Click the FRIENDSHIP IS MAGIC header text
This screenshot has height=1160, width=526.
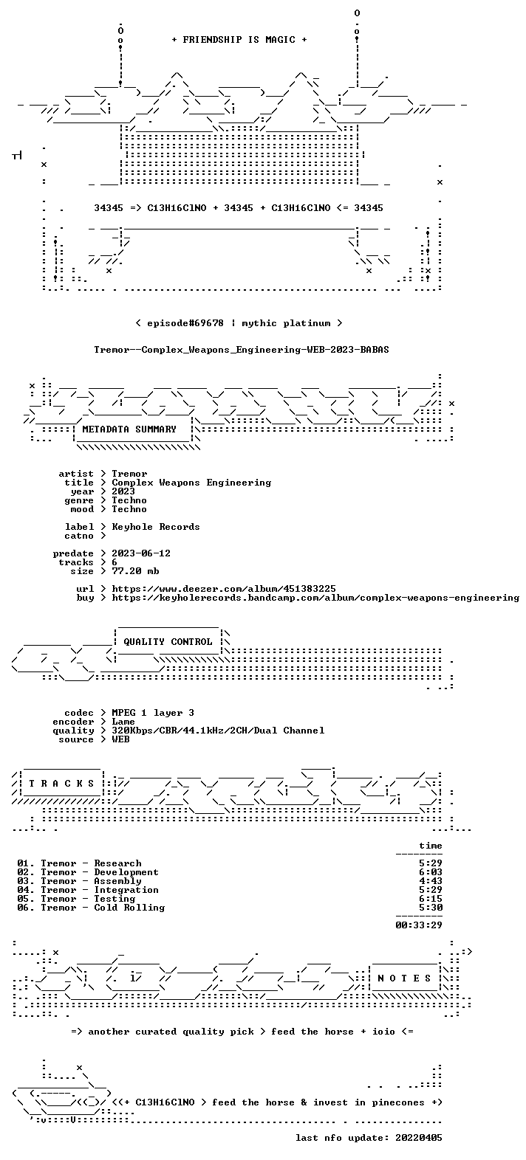point(239,40)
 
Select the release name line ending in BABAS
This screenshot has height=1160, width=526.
point(242,350)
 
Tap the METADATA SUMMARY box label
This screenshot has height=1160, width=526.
point(129,429)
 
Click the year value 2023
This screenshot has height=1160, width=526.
point(123,491)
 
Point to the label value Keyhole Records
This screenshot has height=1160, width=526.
point(156,527)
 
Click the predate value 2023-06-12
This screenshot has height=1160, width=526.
point(141,553)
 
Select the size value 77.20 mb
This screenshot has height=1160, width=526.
point(135,571)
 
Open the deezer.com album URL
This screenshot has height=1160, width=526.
point(224,589)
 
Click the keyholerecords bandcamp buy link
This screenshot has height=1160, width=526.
point(315,598)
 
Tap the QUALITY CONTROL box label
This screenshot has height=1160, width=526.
point(168,642)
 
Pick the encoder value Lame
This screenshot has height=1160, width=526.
point(123,722)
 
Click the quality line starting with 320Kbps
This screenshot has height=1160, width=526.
point(218,731)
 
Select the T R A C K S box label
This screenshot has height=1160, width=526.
point(61,784)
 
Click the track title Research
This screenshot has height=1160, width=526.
point(117,863)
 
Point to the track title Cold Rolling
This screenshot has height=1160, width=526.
point(129,908)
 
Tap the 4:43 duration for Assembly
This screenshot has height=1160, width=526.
point(431,881)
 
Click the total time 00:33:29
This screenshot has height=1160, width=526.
point(419,925)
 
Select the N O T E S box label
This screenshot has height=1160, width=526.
point(404,978)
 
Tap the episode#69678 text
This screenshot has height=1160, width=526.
point(185,323)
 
